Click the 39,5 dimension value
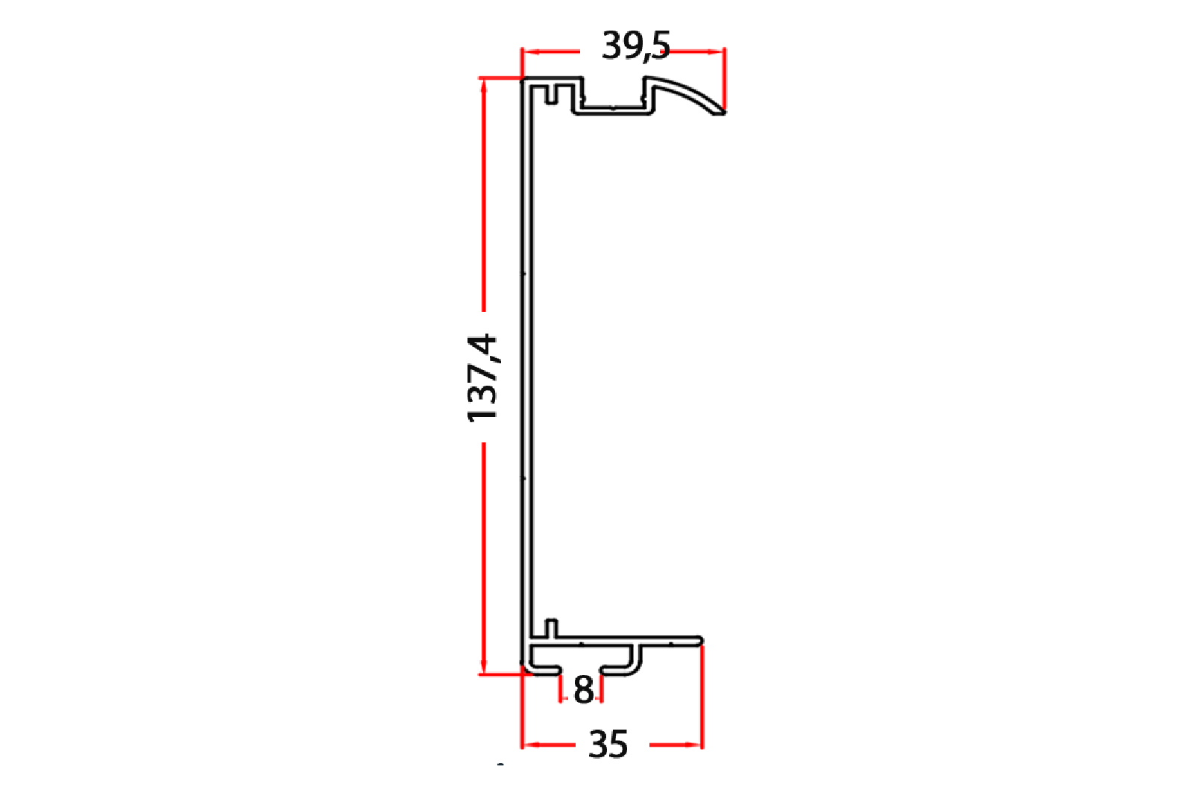[635, 46]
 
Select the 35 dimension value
[608, 745]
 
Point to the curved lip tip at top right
[722, 111]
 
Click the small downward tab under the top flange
[552, 94]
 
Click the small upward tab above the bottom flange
[551, 629]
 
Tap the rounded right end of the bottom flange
[700, 641]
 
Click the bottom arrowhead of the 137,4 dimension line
[484, 665]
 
